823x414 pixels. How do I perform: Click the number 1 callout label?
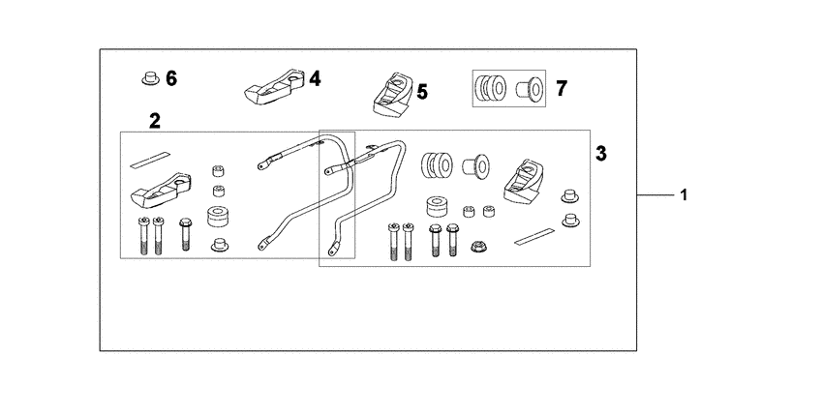684,195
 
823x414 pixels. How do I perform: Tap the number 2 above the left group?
154,121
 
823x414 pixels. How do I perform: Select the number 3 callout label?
601,154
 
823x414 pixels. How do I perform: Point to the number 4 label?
315,79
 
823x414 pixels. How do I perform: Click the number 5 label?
422,92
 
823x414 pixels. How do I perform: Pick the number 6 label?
171,78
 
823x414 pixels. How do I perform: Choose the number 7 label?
561,89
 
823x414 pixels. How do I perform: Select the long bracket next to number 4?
275,86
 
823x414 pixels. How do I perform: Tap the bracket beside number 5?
393,95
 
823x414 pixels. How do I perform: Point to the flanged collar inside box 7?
529,88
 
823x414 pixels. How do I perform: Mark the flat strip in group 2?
150,160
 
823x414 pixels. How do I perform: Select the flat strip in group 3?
534,236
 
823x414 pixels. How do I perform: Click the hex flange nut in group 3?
477,246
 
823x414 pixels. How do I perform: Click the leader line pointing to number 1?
655,195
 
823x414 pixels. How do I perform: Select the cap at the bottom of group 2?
220,245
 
